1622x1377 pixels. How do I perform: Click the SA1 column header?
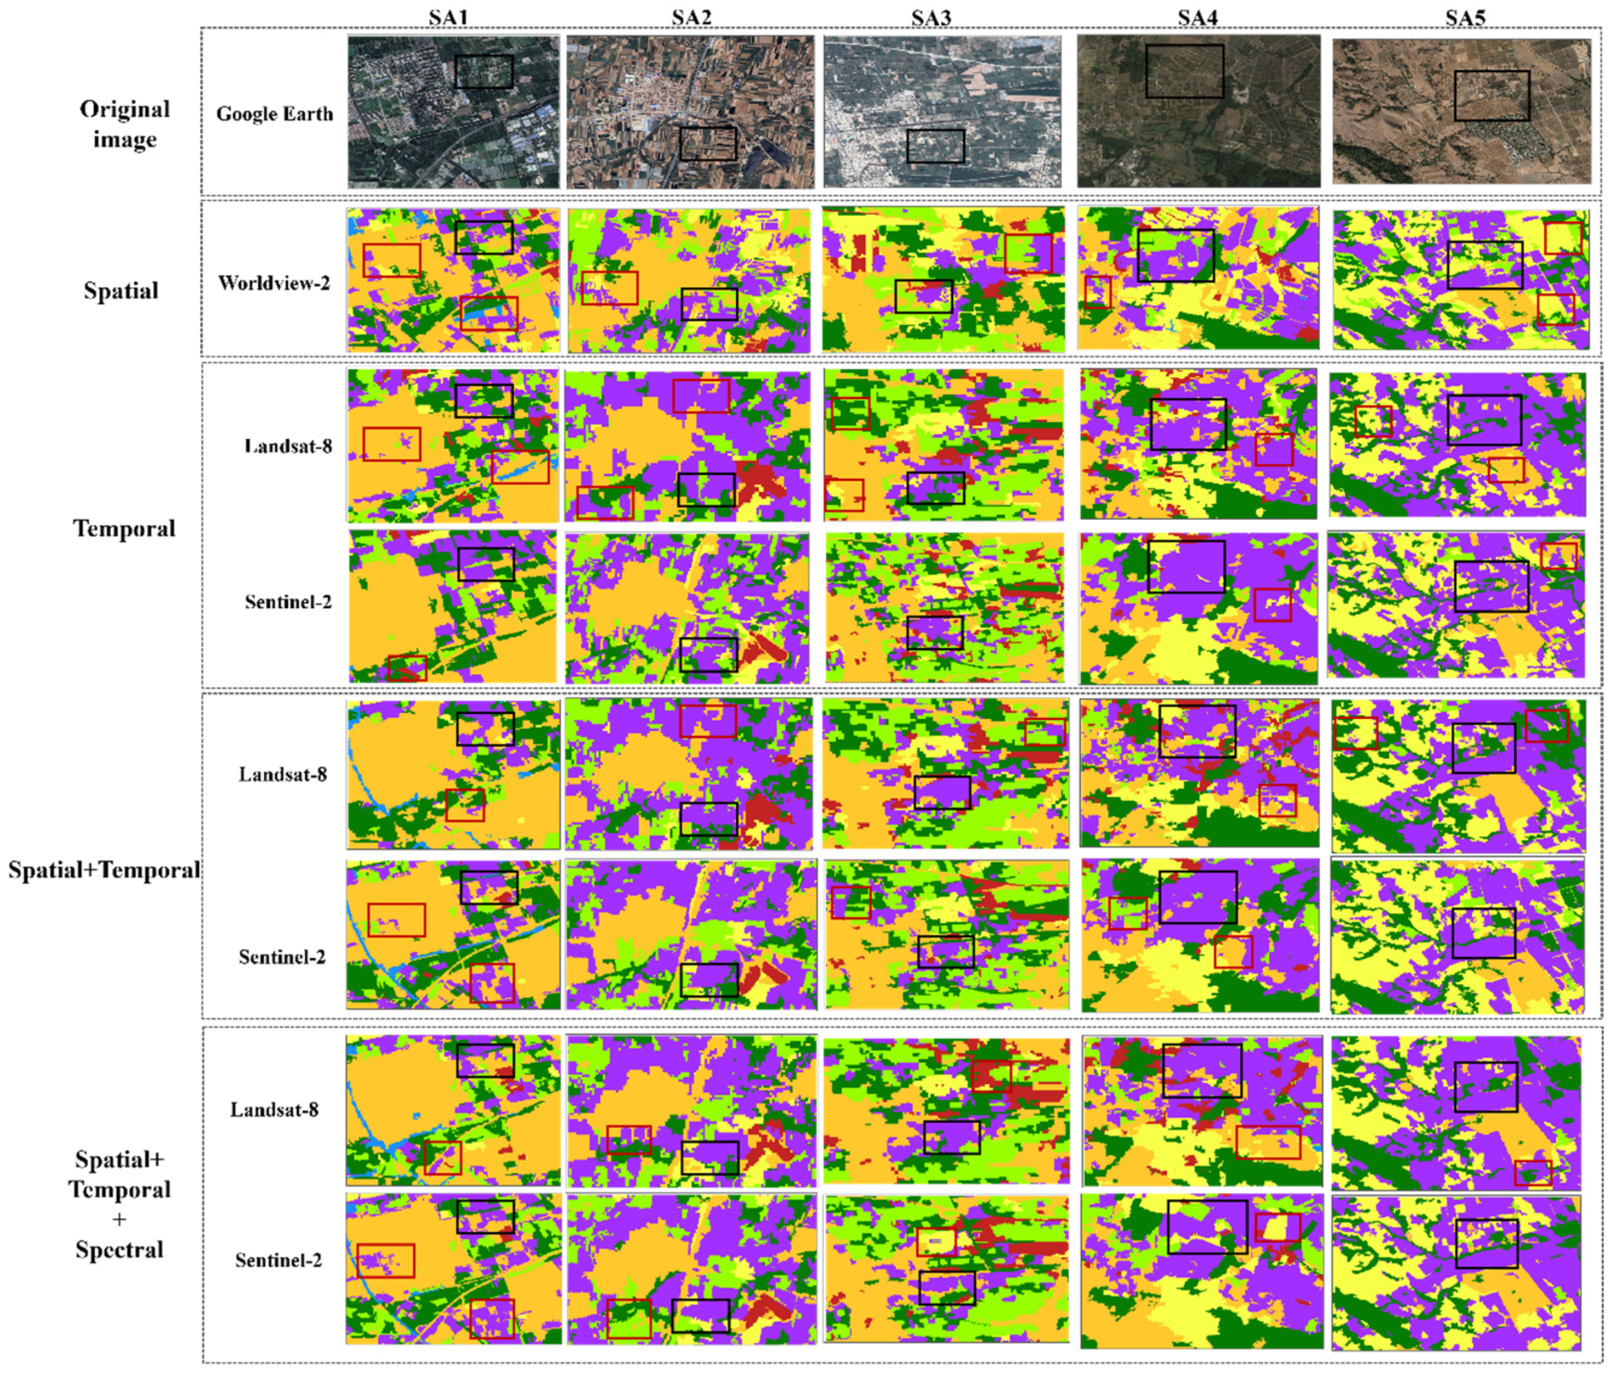[448, 17]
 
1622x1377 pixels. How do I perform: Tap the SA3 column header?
[932, 17]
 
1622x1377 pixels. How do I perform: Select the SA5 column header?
[1465, 17]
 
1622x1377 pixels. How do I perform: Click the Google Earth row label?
[275, 114]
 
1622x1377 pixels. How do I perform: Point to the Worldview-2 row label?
[274, 282]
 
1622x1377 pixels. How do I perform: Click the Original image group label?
[125, 124]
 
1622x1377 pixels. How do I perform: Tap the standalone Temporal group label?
[124, 528]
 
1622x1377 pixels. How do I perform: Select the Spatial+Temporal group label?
[104, 870]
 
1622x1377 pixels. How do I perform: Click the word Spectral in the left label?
[119, 1250]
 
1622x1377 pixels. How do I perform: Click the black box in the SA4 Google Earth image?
[1184, 71]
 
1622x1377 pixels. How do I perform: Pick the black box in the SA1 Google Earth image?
[484, 71]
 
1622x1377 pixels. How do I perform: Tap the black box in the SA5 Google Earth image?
[1491, 95]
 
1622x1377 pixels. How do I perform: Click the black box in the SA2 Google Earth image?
[707, 145]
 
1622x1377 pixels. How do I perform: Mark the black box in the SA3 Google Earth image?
[935, 146]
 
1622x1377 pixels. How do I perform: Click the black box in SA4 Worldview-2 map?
[1176, 255]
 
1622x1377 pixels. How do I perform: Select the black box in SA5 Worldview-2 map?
[1484, 264]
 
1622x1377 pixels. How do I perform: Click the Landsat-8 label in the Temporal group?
[288, 446]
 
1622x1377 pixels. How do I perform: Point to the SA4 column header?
[1197, 17]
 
